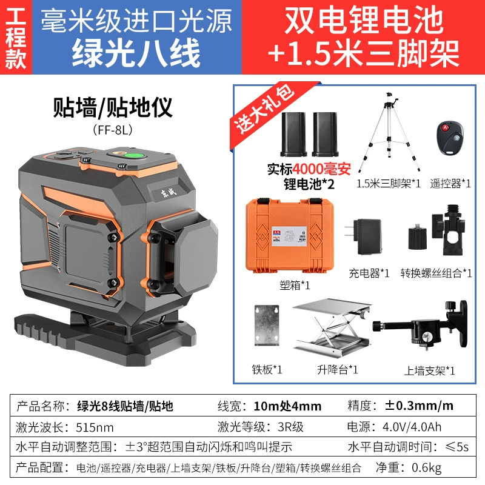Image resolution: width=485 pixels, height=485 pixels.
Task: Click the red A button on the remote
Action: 445,127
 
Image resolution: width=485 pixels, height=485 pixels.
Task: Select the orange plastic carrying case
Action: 290,235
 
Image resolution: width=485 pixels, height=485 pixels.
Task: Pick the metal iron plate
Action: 267,325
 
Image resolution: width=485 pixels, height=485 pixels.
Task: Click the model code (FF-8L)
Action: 113,130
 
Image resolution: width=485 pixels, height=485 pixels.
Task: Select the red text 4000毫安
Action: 321,169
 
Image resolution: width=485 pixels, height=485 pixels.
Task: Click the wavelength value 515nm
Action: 95,427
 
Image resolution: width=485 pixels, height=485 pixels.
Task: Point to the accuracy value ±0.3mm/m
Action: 419,406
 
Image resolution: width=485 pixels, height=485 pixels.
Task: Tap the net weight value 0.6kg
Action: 427,467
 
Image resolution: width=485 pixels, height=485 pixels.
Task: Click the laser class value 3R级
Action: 290,427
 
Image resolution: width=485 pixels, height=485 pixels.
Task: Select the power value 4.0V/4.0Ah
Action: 412,427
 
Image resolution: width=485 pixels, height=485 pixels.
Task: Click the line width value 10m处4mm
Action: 287,406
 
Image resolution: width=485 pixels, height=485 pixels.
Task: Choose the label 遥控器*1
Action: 450,184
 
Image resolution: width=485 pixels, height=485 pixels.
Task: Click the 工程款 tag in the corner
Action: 16,38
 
